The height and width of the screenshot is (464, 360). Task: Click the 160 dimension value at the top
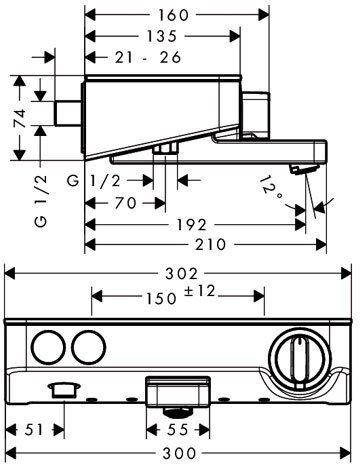173,15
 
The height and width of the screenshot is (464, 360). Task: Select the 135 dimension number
161,36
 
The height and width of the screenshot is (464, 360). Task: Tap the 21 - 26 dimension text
148,57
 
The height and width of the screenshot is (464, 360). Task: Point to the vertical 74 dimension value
20,118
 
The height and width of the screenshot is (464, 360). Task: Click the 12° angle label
271,189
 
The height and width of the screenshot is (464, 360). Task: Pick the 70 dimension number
125,203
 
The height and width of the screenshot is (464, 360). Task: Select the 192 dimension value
191,225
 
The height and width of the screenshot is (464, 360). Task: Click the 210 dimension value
211,245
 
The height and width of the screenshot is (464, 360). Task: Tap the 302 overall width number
182,274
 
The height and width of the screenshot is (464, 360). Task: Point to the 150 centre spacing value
161,298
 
